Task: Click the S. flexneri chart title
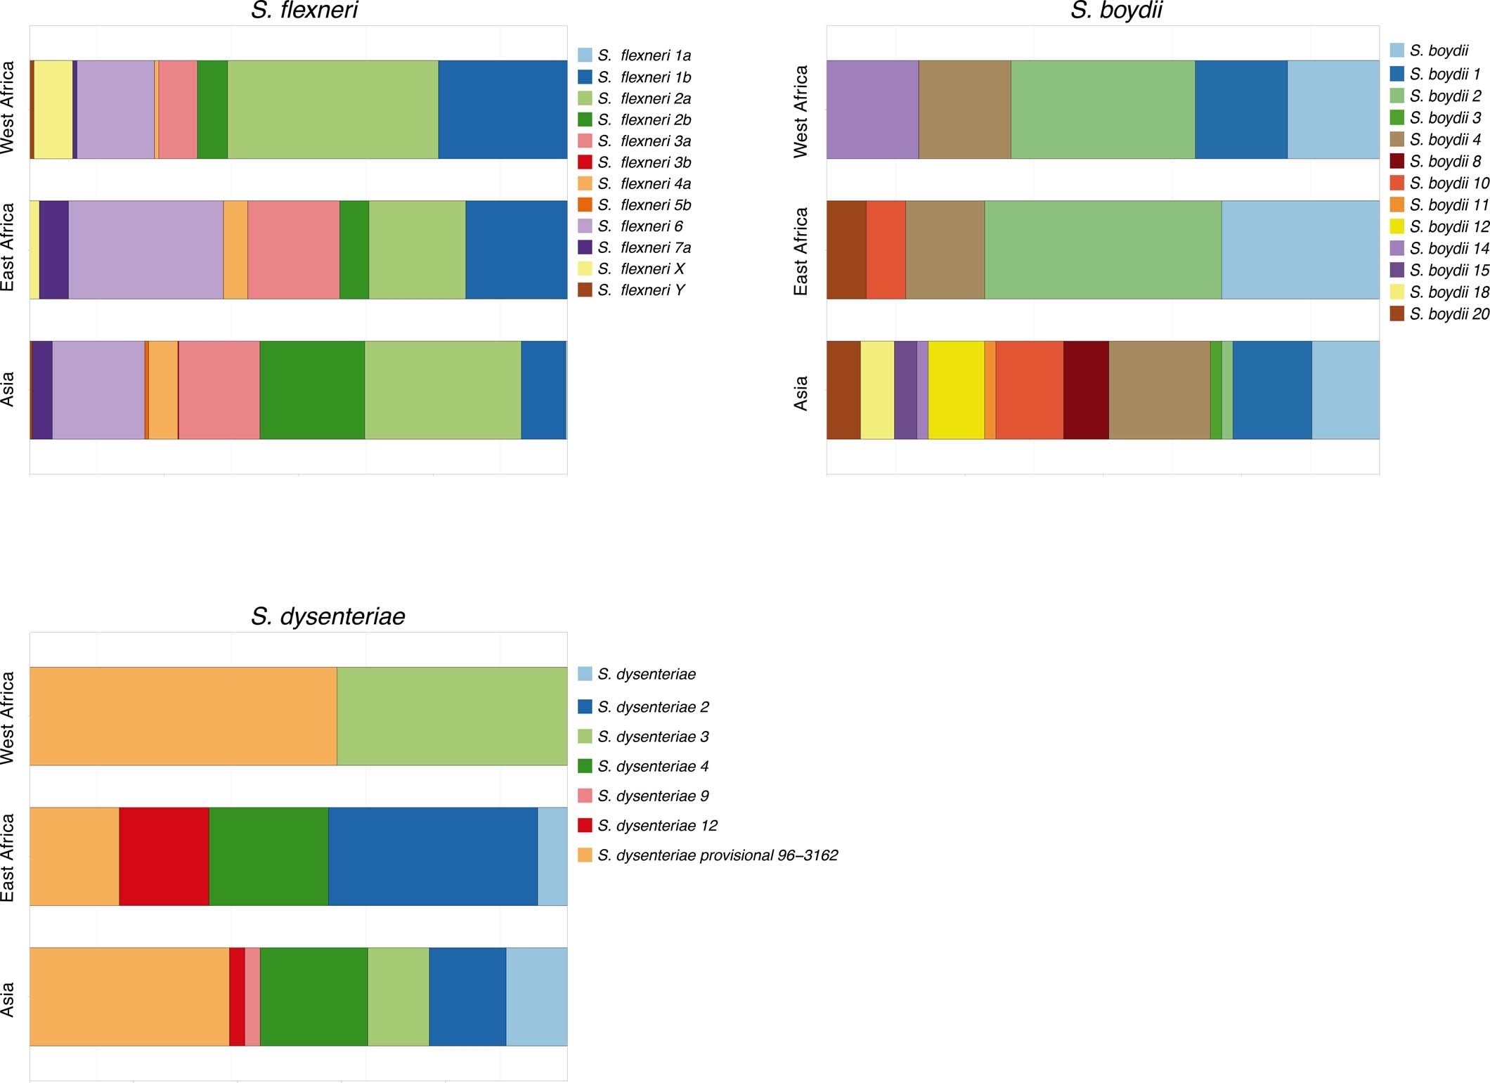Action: tap(304, 11)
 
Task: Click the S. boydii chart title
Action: tap(1116, 11)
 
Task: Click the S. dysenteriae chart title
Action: tap(328, 616)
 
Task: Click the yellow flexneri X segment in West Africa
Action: tap(53, 109)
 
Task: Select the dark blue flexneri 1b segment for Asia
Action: tap(543, 390)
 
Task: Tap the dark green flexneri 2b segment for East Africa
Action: tap(354, 249)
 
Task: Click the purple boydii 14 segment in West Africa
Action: tap(872, 109)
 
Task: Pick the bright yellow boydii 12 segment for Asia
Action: tap(956, 390)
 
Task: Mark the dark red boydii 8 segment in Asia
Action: tap(1086, 390)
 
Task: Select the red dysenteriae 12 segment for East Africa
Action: tap(164, 856)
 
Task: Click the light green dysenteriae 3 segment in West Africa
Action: tap(452, 715)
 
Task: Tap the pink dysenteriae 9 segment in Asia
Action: tap(252, 997)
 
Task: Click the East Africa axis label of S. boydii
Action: tap(801, 251)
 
